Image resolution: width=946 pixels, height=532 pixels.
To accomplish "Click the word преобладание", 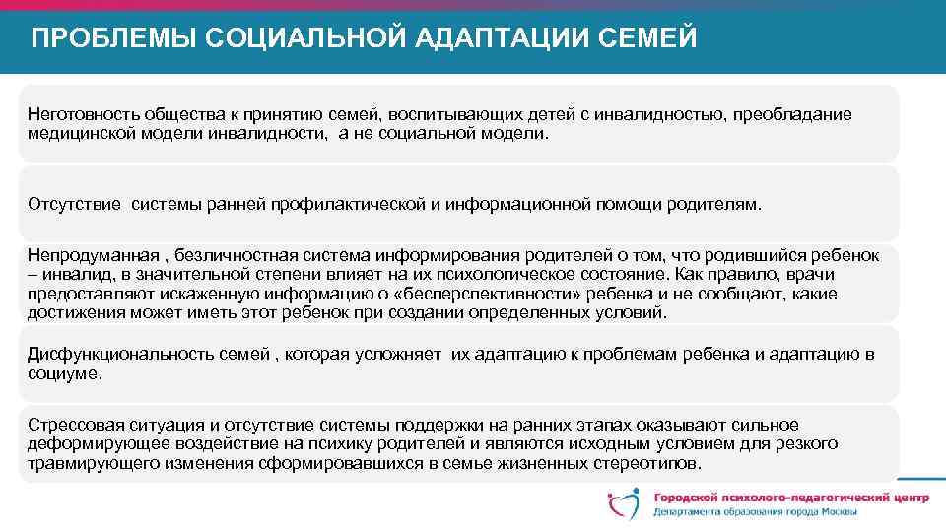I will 791,115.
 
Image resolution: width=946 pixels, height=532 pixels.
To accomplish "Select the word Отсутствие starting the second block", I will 73,205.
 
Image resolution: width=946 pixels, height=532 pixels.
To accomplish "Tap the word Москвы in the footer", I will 836,513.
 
